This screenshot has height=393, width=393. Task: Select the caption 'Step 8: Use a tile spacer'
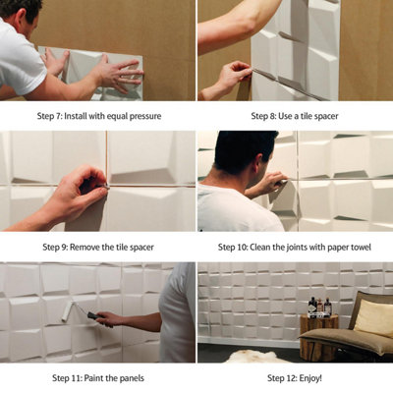tap(296, 115)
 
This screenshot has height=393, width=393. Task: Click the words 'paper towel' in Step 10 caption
tap(343, 246)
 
